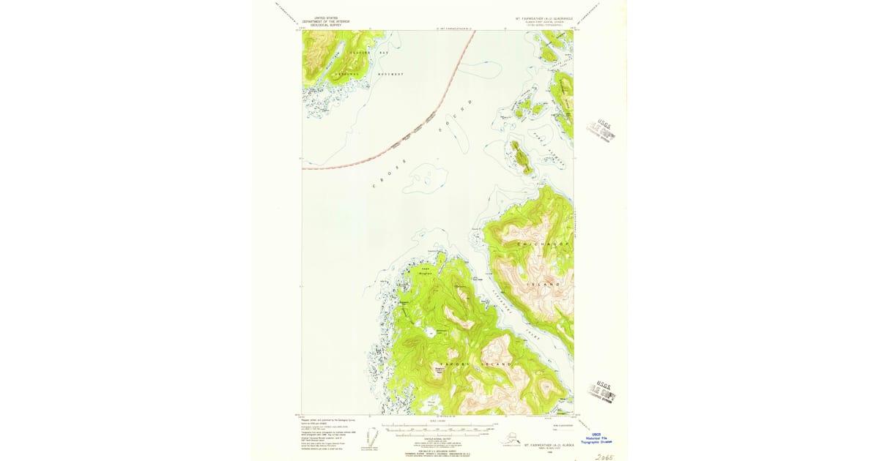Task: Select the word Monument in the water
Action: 390,75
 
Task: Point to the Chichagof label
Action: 537,242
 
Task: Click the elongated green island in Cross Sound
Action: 522,157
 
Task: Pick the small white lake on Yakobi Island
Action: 427,334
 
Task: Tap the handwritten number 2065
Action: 604,456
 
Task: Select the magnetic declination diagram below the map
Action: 374,437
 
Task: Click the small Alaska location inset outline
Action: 505,439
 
